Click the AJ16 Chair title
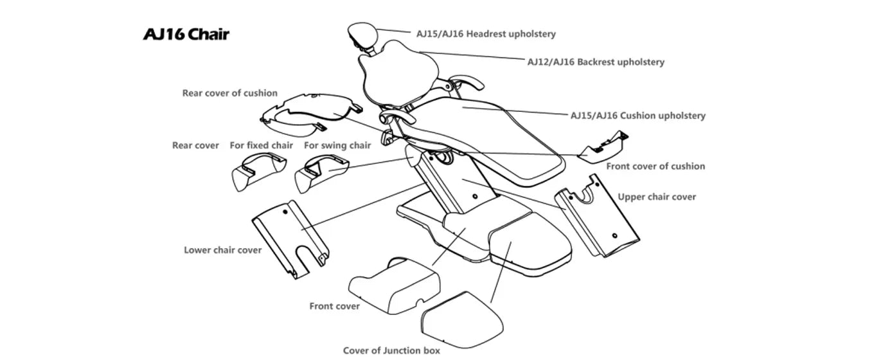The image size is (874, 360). [186, 33]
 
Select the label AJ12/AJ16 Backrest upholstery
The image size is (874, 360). [596, 62]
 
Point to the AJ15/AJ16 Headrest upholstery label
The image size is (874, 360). [486, 33]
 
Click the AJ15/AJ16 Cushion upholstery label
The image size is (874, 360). [638, 116]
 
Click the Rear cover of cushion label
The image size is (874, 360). [230, 93]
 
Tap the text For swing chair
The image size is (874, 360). [337, 145]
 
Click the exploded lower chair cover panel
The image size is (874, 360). [290, 238]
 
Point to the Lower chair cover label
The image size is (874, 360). [222, 249]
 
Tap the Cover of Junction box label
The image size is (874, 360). [391, 350]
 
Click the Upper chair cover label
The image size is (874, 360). [657, 197]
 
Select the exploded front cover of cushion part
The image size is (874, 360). [603, 147]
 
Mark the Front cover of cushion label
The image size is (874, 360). [655, 166]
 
